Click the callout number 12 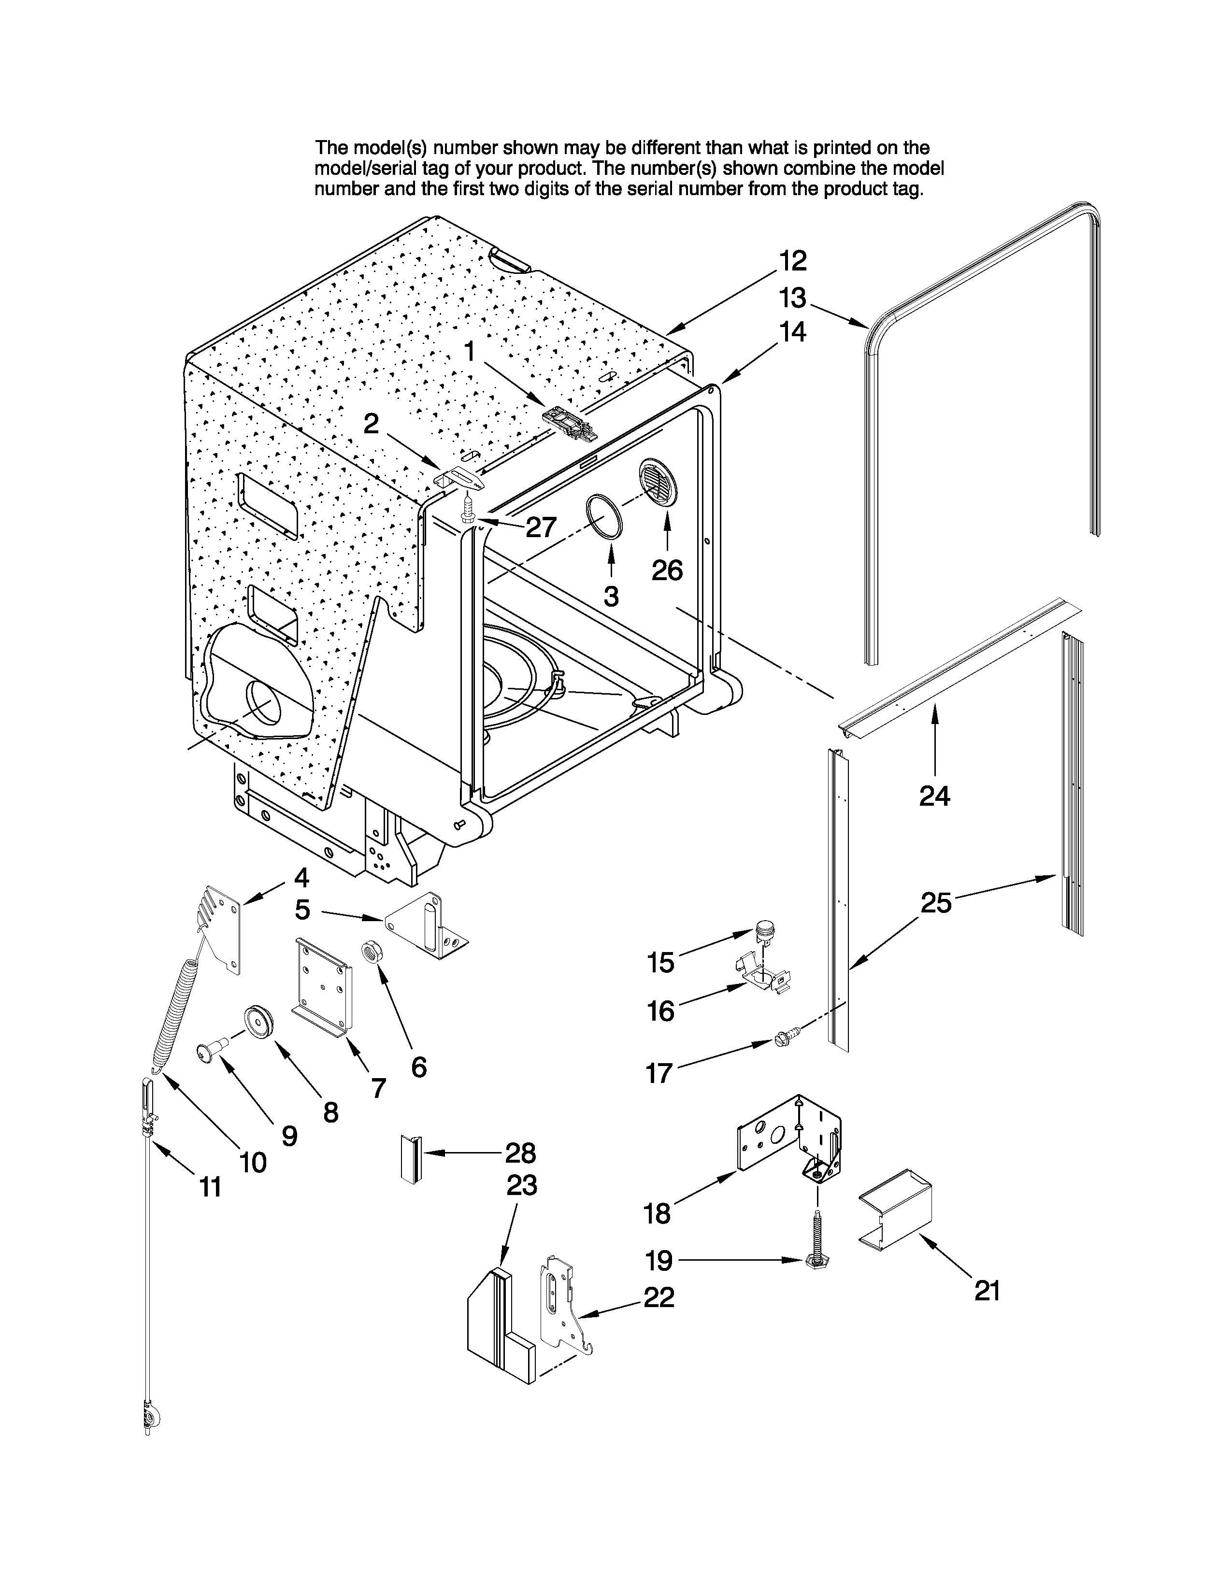coord(793,260)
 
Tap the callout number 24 coord(934,796)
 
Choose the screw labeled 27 coord(468,511)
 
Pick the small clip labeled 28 coord(410,1159)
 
